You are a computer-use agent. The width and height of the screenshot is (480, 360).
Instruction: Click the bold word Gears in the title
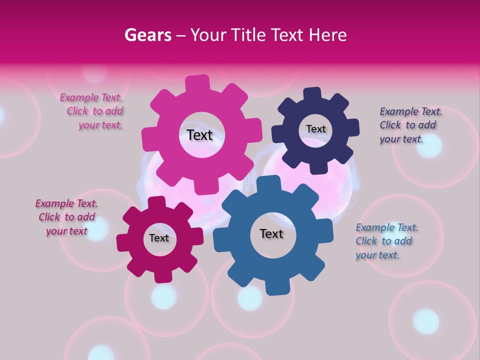(147, 35)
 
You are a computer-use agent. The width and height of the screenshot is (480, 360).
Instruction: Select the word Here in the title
(328, 35)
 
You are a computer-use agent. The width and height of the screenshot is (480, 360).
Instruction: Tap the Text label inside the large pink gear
(199, 135)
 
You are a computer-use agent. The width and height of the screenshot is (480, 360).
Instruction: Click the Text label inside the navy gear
(315, 129)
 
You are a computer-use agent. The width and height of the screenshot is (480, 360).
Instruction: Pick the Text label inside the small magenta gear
(159, 238)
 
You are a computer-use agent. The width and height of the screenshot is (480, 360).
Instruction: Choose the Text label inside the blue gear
(271, 234)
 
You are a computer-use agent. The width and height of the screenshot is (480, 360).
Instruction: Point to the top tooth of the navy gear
(312, 94)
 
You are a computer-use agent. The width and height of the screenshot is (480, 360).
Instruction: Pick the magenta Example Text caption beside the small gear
(67, 217)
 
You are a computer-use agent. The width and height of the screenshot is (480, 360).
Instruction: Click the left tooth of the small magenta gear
(123, 242)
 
